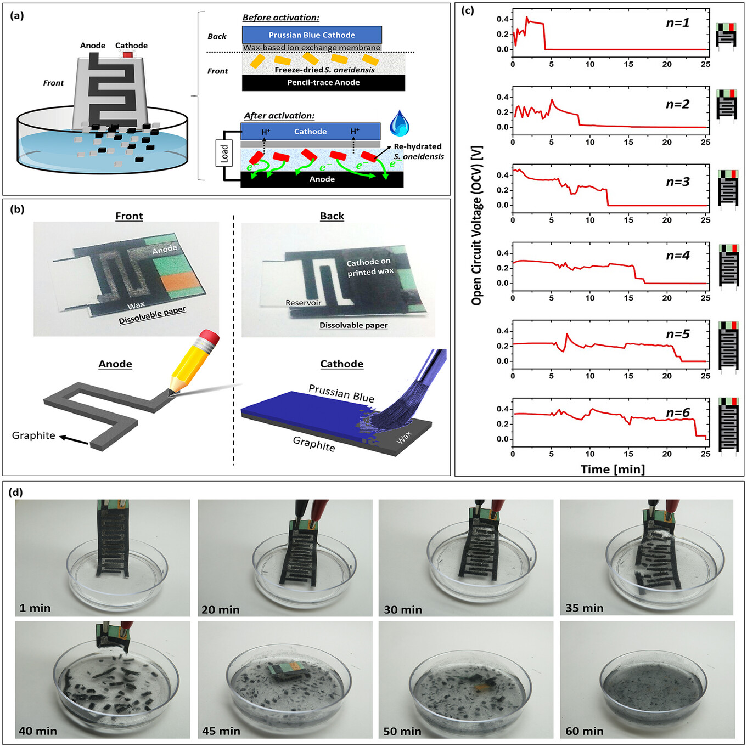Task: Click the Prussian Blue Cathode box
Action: pos(312,35)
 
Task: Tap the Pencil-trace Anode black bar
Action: pos(323,83)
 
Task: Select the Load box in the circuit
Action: pos(224,153)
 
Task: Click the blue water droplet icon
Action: pos(400,123)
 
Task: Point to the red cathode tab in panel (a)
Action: pos(128,55)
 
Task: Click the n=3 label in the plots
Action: pos(677,182)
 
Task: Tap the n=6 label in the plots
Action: pos(677,412)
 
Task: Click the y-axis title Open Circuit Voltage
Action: pos(477,225)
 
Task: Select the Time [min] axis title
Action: pos(613,469)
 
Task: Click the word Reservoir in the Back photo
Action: pos(303,303)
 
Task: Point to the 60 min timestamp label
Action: pos(584,731)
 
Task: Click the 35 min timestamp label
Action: pos(584,608)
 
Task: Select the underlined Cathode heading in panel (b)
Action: pos(341,364)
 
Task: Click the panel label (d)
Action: pos(15,493)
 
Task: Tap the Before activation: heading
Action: pos(280,18)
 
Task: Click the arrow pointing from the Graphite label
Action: pos(74,440)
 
